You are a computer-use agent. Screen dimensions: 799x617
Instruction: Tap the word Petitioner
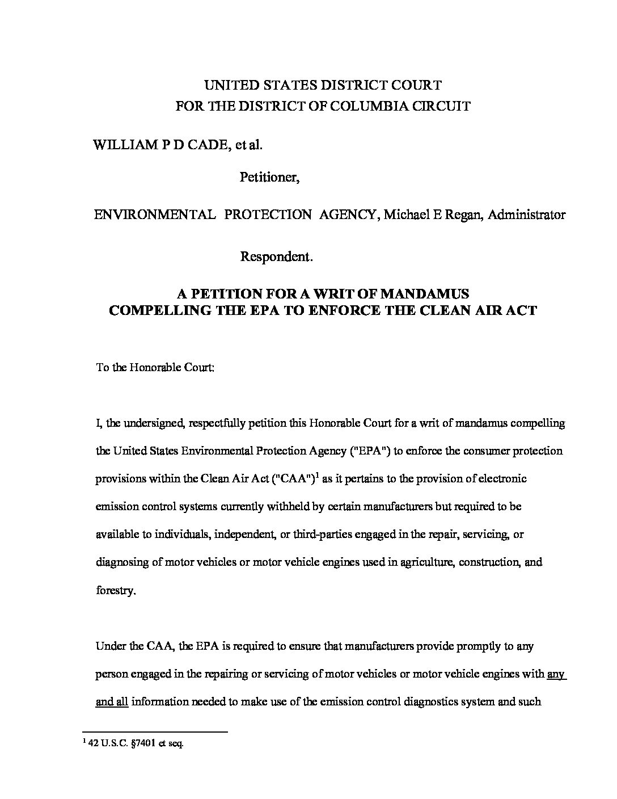pyautogui.click(x=269, y=178)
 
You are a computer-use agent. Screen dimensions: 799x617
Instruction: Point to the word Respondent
pyautogui.click(x=276, y=256)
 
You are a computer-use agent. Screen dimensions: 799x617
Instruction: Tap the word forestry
pyautogui.click(x=116, y=590)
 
